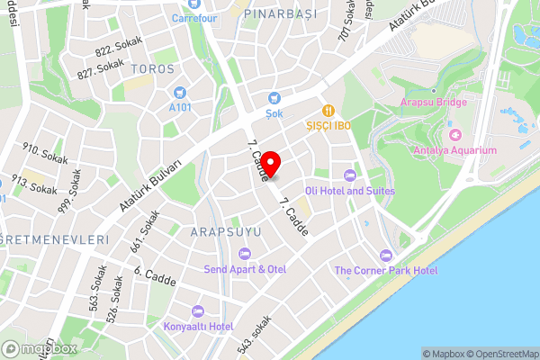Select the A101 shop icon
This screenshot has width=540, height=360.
pyautogui.click(x=180, y=92)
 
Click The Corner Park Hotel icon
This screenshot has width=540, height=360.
pyautogui.click(x=386, y=255)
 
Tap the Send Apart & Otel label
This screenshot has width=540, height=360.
pyautogui.click(x=245, y=269)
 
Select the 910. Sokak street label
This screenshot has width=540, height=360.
pyautogui.click(x=40, y=150)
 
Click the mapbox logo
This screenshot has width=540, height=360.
pyautogui.click(x=40, y=347)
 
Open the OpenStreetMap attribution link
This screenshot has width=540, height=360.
pyautogui.click(x=500, y=354)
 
